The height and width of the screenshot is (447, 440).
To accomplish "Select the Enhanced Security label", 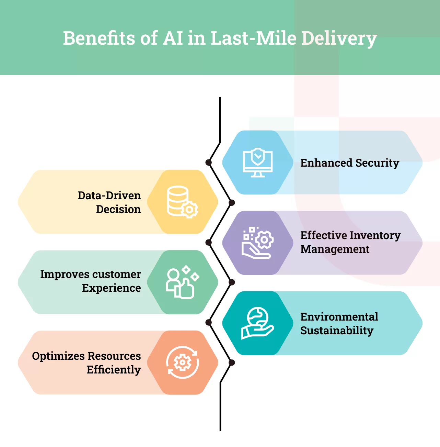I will point(349,163).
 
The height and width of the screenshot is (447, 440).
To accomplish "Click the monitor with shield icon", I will point(258,163).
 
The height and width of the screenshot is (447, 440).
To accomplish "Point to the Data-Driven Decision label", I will point(109,202).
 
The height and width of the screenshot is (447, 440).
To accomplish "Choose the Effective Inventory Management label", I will point(350,242).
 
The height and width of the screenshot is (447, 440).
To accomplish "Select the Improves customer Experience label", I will point(91,281).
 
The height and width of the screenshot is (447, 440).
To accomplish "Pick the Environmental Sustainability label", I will point(339,323).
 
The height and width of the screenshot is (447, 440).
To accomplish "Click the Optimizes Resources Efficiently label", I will point(86,362).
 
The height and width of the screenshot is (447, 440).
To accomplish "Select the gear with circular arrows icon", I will point(182,362).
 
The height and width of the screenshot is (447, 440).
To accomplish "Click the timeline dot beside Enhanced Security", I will point(208,162).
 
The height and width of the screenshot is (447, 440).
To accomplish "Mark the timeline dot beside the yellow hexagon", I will point(232,203).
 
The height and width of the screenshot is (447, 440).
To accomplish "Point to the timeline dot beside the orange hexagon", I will point(232,362).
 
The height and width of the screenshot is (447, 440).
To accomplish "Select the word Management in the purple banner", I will point(335,249).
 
